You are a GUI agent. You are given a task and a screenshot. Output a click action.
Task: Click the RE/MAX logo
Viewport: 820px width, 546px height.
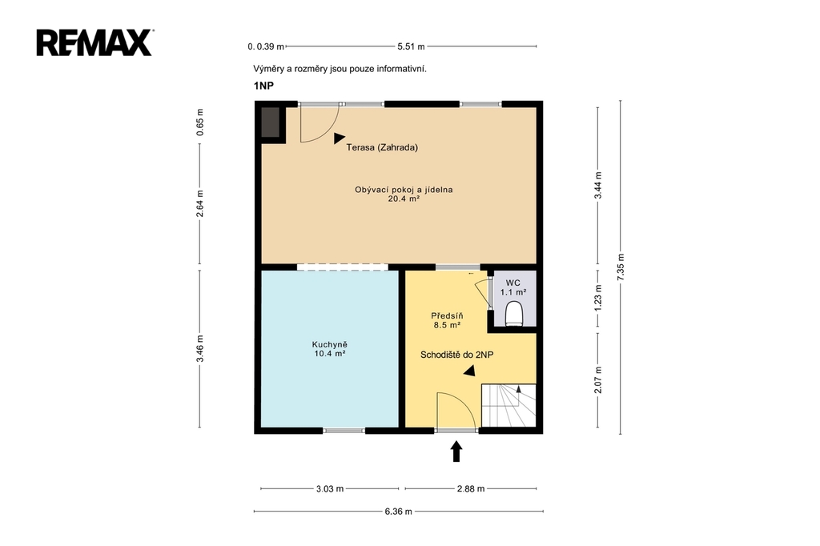[x=94, y=43]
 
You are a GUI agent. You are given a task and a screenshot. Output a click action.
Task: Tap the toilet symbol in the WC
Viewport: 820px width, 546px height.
[x=515, y=314]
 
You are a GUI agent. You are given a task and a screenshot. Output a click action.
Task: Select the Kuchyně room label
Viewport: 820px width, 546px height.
[x=329, y=344]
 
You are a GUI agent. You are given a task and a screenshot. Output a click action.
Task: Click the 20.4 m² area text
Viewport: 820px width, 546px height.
[x=404, y=199]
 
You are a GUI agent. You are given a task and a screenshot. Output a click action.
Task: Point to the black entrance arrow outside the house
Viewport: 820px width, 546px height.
[x=456, y=452]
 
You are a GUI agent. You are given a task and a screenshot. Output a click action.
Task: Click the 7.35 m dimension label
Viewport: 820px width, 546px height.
[x=621, y=267]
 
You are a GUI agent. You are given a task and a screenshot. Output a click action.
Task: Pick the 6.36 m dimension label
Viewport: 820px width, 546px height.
[x=399, y=512]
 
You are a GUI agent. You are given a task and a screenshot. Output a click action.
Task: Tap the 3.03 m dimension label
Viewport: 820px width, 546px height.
[x=330, y=489]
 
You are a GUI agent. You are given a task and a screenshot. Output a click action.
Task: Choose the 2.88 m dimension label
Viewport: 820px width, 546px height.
[x=471, y=489]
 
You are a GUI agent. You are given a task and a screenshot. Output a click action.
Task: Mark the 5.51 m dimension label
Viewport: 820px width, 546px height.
[x=411, y=46]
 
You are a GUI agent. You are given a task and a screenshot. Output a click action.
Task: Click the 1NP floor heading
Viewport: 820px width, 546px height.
[x=263, y=86]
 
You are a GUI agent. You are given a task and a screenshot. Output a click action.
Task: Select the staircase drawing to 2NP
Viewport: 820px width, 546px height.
[x=508, y=405]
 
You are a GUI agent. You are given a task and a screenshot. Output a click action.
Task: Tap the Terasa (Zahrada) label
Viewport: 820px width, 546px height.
[x=382, y=147]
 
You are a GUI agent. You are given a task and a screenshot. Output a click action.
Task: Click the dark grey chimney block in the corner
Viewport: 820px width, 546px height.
[x=271, y=122]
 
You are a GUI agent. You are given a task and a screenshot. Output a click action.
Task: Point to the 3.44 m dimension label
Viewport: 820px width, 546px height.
[x=598, y=185]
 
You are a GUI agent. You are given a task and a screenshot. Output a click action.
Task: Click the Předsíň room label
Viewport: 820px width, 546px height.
[x=447, y=316]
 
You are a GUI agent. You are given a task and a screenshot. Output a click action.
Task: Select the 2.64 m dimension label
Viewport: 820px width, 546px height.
[x=199, y=203]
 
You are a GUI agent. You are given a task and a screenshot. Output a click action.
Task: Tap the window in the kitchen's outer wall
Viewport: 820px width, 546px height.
[x=344, y=431]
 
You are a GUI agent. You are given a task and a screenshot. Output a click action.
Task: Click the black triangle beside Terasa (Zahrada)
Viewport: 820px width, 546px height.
[x=340, y=138]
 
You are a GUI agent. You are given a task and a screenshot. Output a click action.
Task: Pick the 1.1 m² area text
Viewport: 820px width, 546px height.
[x=513, y=292]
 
